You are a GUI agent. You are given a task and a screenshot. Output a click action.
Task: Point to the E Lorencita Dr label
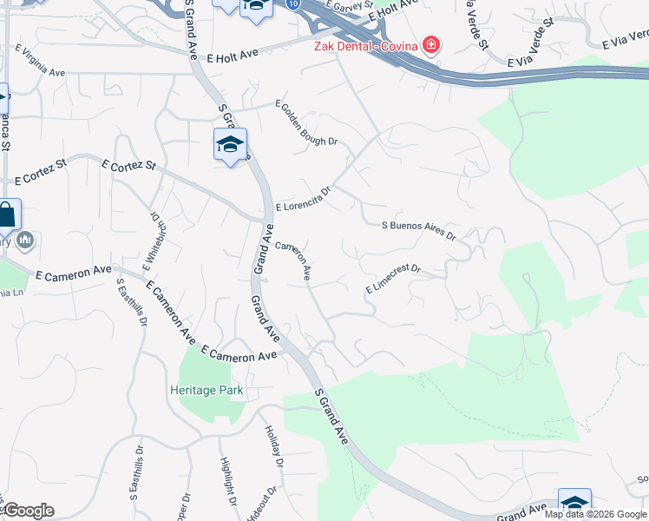pyautogui.click(x=304, y=201)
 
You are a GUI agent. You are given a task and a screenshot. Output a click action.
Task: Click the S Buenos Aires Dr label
pyautogui.click(x=419, y=230)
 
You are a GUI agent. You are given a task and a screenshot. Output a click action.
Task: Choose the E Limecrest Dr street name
pyautogui.click(x=392, y=279)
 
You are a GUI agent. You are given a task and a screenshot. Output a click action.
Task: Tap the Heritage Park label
pyautogui.click(x=206, y=391)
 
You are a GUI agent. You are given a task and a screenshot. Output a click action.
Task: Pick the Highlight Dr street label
pyautogui.click(x=228, y=481)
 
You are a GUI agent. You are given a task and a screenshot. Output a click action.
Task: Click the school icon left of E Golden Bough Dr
pyautogui.click(x=230, y=144)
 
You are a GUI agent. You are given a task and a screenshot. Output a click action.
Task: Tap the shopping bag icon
pyautogui.click(x=6, y=215)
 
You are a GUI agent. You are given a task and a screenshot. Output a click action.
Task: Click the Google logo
pyautogui.click(x=28, y=511)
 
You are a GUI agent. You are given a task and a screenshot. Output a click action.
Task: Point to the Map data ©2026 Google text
pyautogui.click(x=595, y=514)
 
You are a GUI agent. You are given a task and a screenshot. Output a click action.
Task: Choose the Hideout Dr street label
pyautogui.click(x=262, y=504)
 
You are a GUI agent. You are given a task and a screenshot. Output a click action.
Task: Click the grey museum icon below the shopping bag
pyautogui.click(x=25, y=241)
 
